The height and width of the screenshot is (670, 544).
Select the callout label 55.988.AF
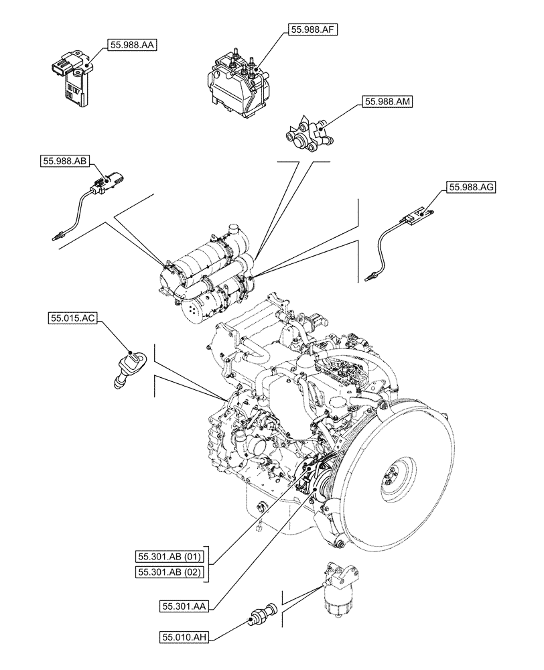pyautogui.click(x=313, y=29)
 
